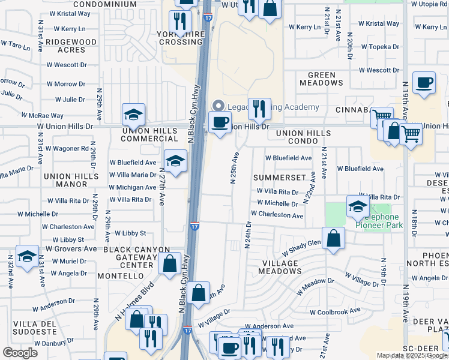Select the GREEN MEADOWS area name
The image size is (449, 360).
click(x=321, y=79)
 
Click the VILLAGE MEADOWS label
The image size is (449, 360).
click(x=279, y=267)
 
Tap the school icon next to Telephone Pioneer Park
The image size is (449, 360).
click(x=357, y=206)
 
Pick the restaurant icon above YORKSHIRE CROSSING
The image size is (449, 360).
click(x=179, y=21)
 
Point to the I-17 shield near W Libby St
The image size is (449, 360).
click(x=195, y=226)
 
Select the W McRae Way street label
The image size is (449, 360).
click(x=42, y=115)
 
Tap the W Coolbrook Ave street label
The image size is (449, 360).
click(x=335, y=311)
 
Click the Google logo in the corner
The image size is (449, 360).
click(x=20, y=353)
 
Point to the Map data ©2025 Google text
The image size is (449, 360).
click(x=411, y=355)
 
